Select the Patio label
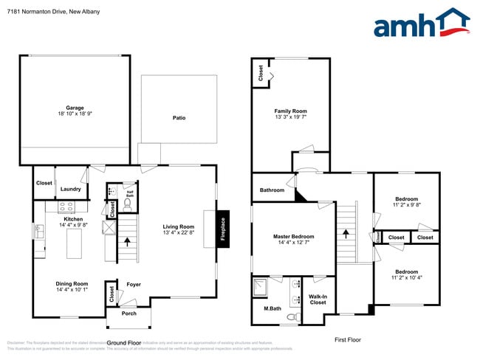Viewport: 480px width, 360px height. [x=179, y=118]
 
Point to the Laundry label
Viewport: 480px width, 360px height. [x=70, y=189]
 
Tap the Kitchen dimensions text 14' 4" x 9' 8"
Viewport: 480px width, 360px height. [x=73, y=226]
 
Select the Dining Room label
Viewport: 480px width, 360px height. [x=72, y=284]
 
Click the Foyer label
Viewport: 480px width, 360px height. [x=133, y=284]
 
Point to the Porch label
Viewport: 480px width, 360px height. [x=129, y=313]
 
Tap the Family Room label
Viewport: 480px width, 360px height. [x=290, y=111]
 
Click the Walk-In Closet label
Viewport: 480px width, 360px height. [x=318, y=299]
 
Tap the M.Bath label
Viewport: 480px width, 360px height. [x=272, y=308]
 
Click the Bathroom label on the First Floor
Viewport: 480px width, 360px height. [x=272, y=190]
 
